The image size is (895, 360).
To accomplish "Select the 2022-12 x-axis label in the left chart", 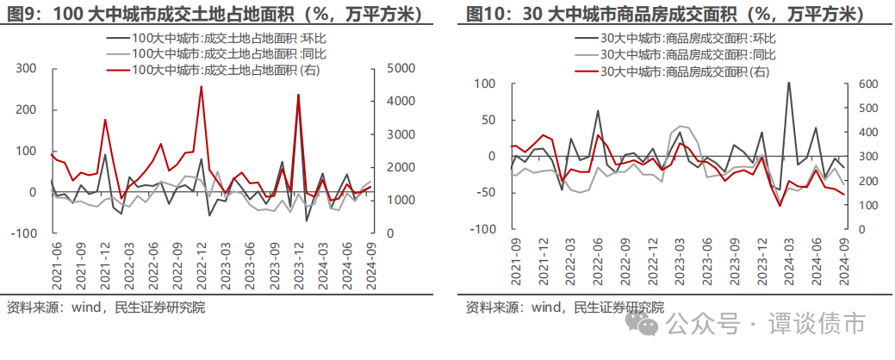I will [202, 262].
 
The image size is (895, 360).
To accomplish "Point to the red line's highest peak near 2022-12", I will [201, 86].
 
